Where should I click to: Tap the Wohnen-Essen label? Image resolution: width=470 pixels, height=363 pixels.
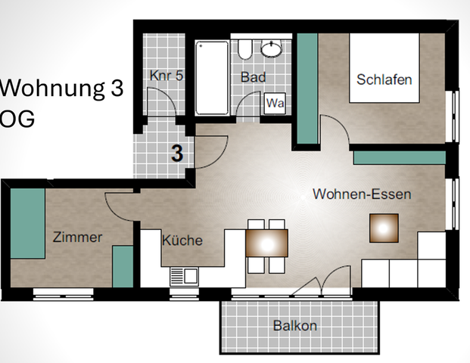[362, 194]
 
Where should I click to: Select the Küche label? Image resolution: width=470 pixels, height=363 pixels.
[182, 240]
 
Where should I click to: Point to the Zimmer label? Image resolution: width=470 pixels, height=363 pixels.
[77, 237]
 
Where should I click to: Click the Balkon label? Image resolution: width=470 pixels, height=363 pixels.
[294, 327]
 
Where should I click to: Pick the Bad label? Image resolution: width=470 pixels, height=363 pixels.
[252, 77]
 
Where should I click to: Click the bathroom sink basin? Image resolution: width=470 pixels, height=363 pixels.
[271, 49]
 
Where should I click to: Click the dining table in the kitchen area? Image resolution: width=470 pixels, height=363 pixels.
[266, 246]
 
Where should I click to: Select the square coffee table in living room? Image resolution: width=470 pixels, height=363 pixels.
[384, 228]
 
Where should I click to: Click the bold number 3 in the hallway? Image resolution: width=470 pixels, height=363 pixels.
[177, 154]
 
